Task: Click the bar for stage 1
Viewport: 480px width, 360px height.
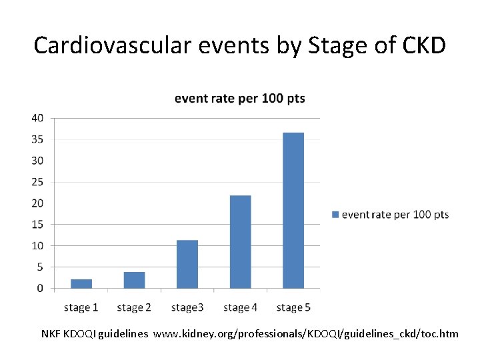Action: (x=81, y=284)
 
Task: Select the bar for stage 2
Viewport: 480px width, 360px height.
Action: (x=134, y=280)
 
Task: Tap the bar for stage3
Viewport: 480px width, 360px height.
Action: (x=187, y=264)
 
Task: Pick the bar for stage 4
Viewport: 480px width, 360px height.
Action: (x=240, y=242)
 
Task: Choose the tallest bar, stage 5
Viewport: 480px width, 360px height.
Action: (x=293, y=211)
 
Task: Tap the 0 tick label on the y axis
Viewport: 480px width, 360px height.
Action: (x=40, y=288)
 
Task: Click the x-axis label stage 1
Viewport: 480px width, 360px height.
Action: (x=81, y=307)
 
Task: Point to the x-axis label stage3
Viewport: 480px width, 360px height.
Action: (x=187, y=307)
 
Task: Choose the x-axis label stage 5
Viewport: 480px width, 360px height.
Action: (x=293, y=307)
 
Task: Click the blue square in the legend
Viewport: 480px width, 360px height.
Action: (x=335, y=215)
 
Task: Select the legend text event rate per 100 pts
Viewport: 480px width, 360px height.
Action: (x=395, y=215)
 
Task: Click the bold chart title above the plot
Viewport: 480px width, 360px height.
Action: (x=239, y=99)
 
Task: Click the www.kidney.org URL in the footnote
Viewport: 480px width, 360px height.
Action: (x=306, y=333)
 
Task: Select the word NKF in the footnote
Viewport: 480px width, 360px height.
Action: (x=51, y=333)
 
